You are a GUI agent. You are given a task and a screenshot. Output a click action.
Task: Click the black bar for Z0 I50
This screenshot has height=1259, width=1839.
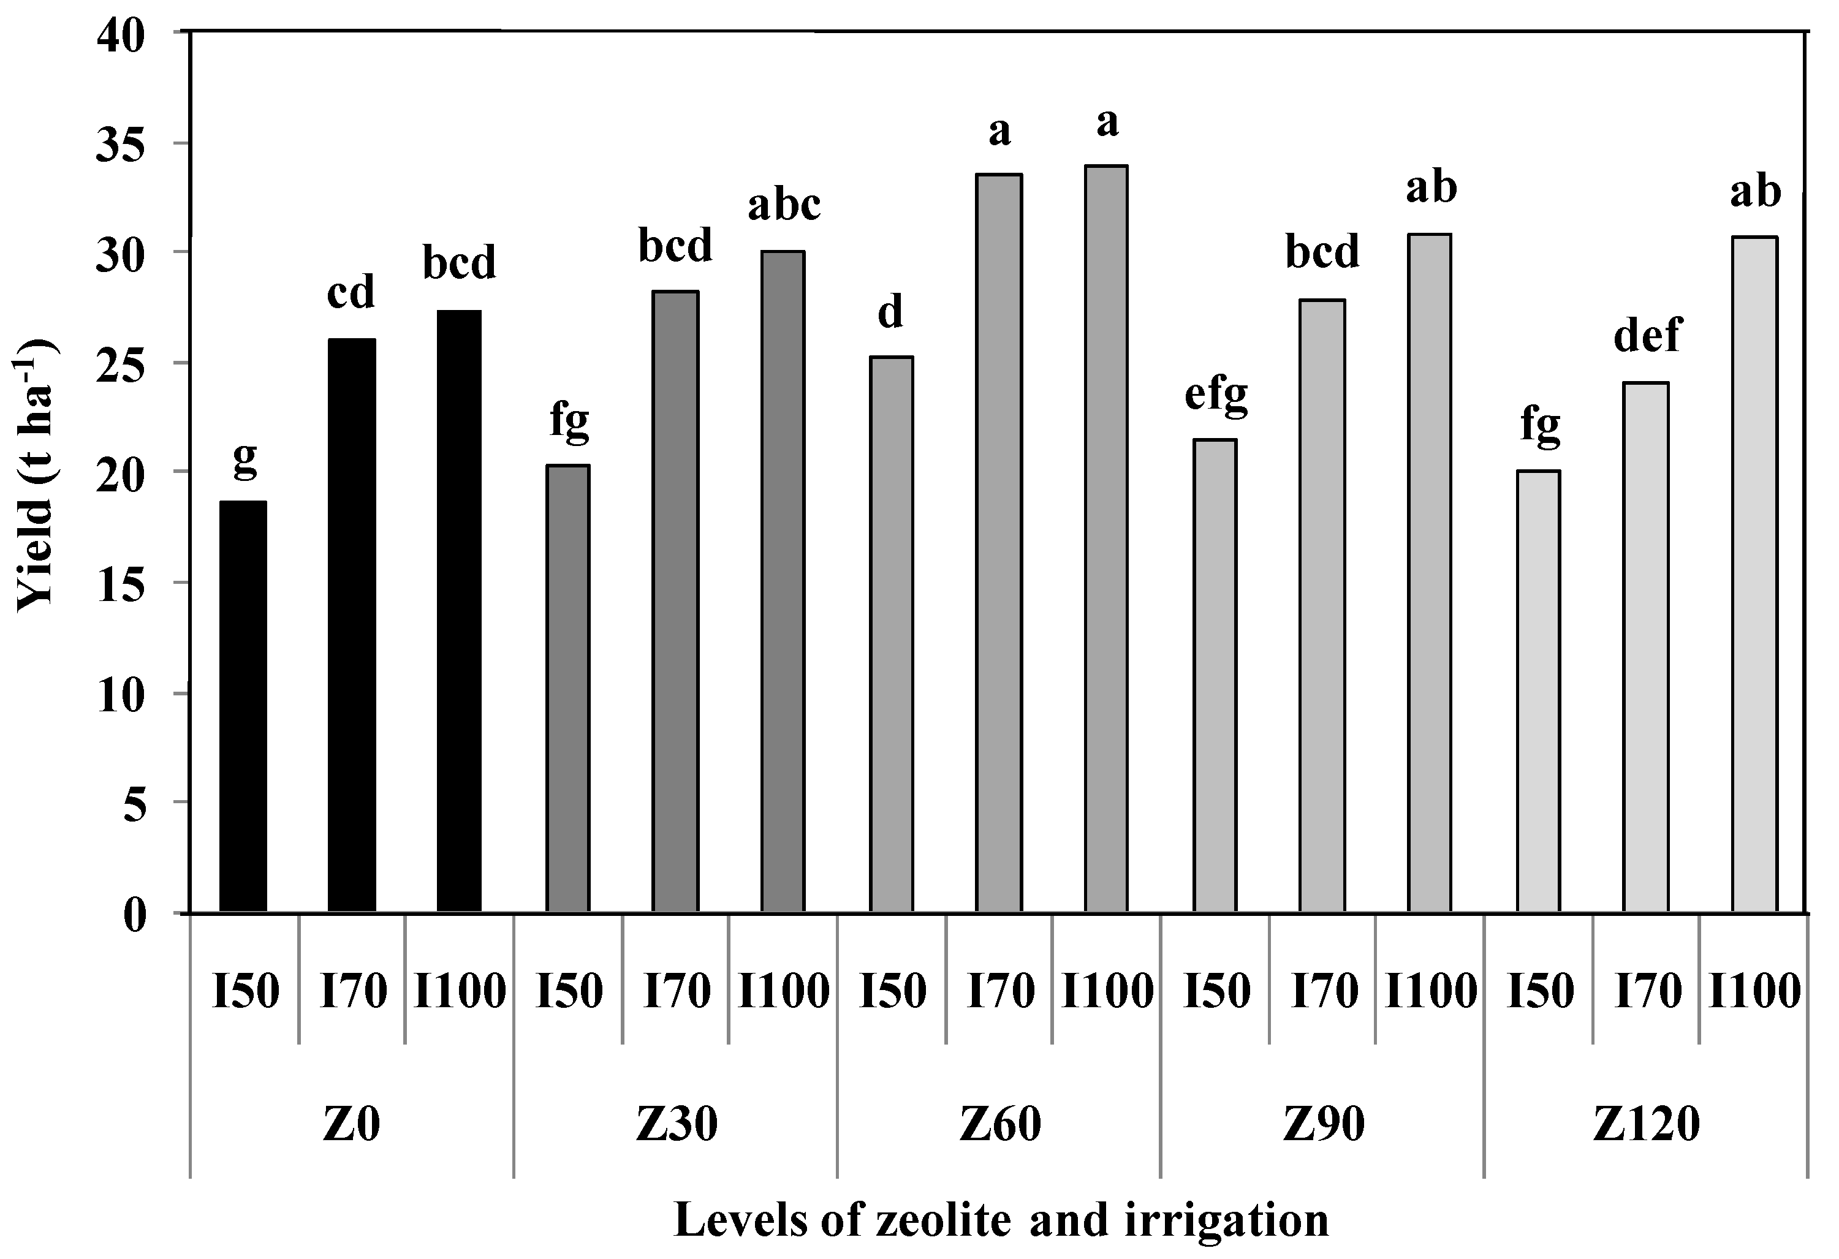(x=243, y=706)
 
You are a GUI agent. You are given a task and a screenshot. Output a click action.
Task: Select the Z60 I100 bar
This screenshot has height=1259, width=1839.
(x=1106, y=539)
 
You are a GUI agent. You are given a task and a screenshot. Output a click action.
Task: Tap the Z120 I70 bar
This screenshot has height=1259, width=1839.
(x=1646, y=648)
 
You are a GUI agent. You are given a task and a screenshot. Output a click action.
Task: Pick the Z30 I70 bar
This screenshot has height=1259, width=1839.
(x=675, y=602)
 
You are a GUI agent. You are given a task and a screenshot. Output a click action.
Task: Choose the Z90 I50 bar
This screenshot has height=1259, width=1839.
(x=1215, y=676)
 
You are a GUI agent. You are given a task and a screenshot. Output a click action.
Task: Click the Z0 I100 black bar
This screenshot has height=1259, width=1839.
(x=459, y=611)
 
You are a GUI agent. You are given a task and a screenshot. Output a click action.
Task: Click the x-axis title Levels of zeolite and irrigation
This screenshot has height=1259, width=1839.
(x=1001, y=1219)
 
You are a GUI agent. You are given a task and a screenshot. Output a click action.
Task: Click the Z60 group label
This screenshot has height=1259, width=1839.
(x=1000, y=1124)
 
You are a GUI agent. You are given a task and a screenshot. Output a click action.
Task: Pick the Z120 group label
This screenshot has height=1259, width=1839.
(x=1647, y=1124)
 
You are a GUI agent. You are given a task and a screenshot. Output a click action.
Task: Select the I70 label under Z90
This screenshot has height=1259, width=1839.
(x=1324, y=991)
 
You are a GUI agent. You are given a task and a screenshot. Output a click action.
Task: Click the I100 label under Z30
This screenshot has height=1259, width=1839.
(x=783, y=991)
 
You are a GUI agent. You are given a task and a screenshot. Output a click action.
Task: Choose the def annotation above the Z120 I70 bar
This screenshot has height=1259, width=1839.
(x=1647, y=336)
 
